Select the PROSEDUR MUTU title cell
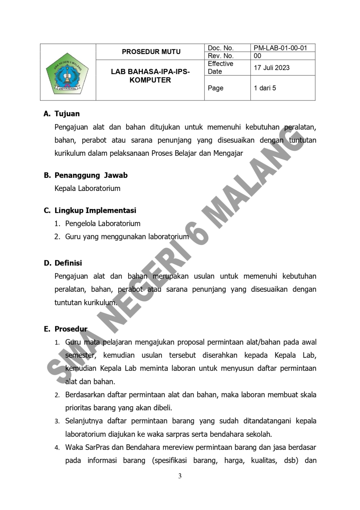[x=151, y=52]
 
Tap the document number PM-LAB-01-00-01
[x=280, y=48]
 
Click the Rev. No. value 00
[x=258, y=56]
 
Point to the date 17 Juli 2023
[x=272, y=68]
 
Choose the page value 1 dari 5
[x=265, y=88]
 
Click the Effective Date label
[x=220, y=68]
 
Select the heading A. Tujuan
[x=62, y=114]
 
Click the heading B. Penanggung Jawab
[x=86, y=175]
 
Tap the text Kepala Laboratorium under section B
[x=87, y=188]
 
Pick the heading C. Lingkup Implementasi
[x=90, y=211]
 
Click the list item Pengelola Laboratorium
[x=103, y=223]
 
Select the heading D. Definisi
[x=63, y=263]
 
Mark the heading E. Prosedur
[x=65, y=329]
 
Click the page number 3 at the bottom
[x=180, y=476]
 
